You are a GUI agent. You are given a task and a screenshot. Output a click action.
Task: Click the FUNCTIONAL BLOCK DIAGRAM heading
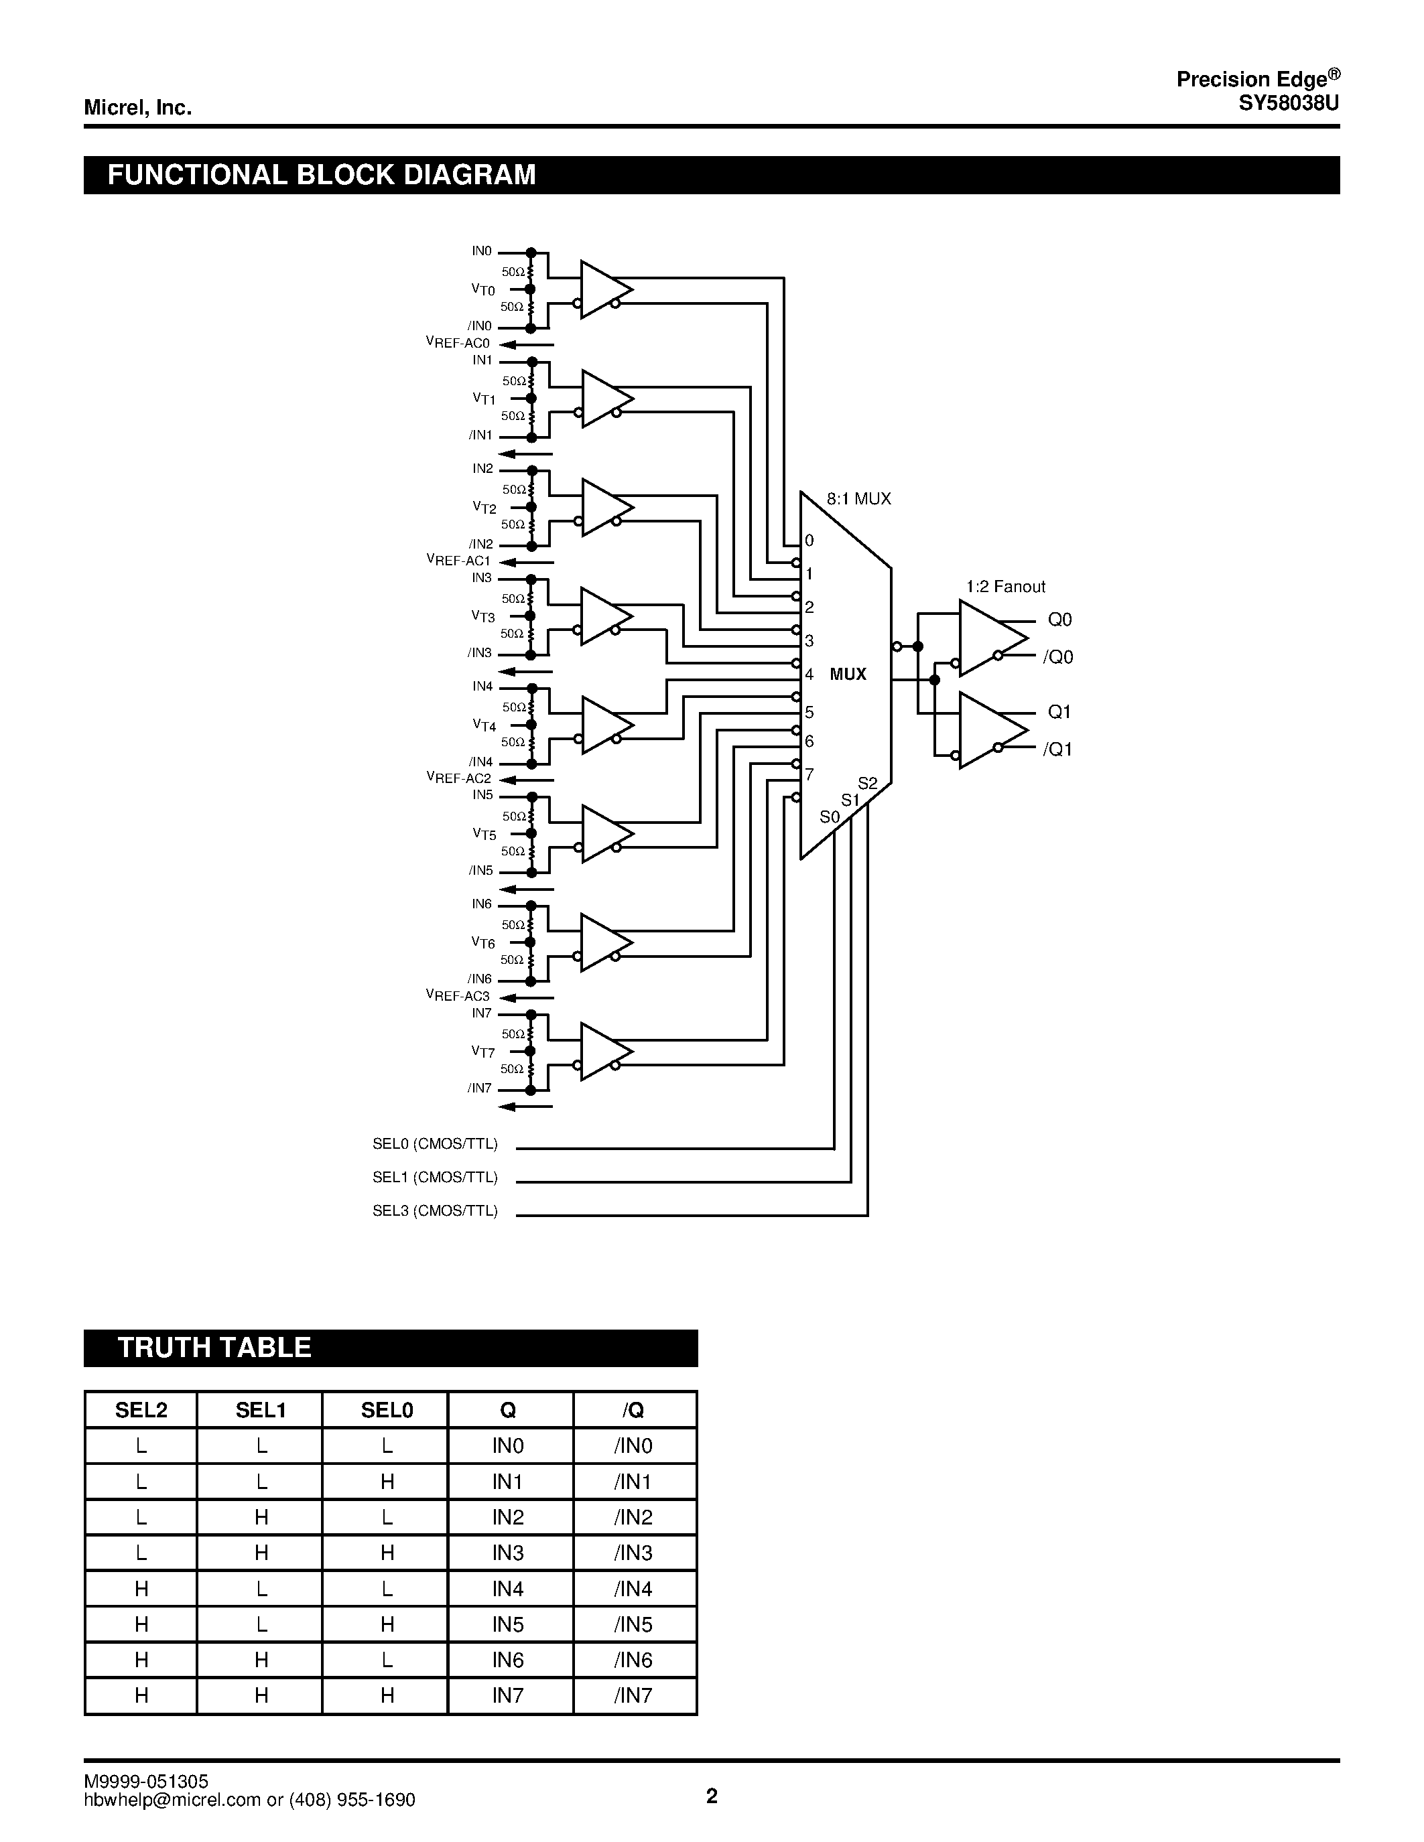(x=322, y=175)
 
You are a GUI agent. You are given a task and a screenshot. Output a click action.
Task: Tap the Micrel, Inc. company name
(x=137, y=108)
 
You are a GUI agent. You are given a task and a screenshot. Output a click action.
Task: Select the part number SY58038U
(x=1287, y=104)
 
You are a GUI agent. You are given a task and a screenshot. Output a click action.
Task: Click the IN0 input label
(x=482, y=251)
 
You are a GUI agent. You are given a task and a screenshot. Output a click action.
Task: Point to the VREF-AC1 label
(x=458, y=561)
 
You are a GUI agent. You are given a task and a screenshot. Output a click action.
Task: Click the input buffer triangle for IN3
(x=604, y=616)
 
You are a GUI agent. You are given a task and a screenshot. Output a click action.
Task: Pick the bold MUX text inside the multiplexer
(x=848, y=674)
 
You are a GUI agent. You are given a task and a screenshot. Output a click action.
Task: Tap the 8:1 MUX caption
(x=858, y=498)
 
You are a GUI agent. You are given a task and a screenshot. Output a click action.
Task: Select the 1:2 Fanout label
(x=1006, y=586)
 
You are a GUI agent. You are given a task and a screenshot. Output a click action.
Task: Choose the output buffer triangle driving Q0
(x=988, y=638)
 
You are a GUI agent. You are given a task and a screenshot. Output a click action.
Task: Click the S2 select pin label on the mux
(x=867, y=784)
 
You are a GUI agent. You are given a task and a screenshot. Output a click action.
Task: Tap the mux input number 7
(x=809, y=774)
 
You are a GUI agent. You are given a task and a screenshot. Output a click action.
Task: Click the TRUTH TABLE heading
(x=214, y=1347)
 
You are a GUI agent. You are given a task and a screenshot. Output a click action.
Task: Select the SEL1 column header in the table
(x=261, y=1409)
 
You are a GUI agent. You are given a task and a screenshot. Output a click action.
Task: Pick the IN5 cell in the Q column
(x=508, y=1624)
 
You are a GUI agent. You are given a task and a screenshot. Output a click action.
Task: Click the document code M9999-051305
(x=146, y=1780)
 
